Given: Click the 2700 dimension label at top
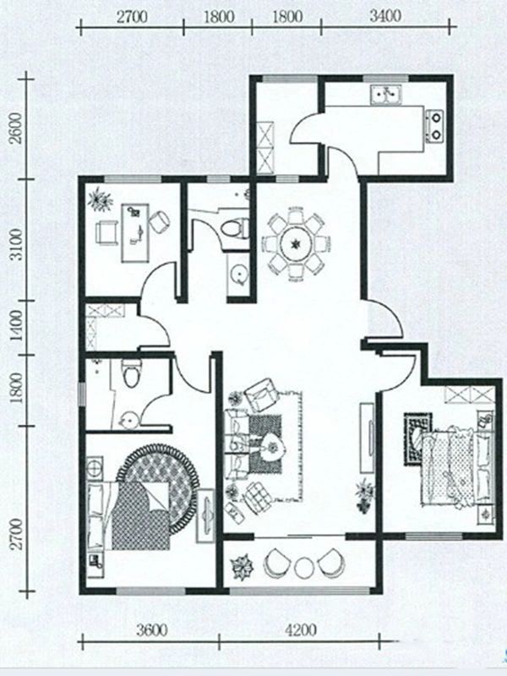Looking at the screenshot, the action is [132, 17].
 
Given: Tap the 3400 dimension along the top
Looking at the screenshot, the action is [385, 16].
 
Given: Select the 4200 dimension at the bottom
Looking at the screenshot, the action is [301, 630].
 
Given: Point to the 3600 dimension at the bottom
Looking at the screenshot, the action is [152, 630].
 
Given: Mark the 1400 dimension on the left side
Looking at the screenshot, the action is [15, 325].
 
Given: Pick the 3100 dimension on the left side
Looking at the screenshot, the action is [15, 244].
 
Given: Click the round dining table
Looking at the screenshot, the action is [296, 244].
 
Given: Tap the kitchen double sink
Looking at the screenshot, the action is [386, 95].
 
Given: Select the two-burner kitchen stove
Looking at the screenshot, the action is [434, 126].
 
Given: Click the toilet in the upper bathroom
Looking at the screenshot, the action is [235, 228].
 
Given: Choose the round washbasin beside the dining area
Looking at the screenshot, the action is [238, 274].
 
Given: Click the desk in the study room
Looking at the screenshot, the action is [135, 233].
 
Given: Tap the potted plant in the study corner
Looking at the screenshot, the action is [100, 199].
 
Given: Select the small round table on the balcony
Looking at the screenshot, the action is [304, 567].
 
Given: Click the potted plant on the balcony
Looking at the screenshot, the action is [242, 566].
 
